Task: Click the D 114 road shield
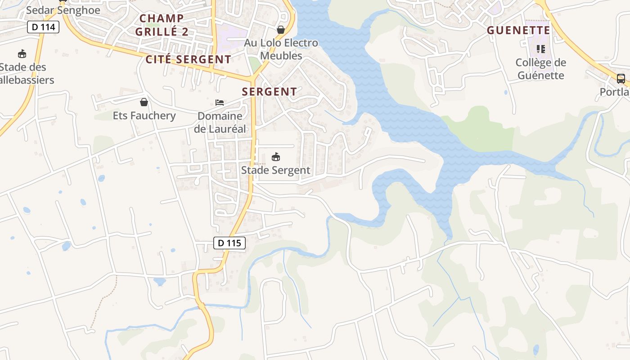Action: coord(43,27)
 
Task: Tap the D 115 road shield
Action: coord(229,243)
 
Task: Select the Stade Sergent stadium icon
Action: coord(276,157)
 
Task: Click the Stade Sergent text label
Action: coord(276,170)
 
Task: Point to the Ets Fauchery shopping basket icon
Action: coord(144,102)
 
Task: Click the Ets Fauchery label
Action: coord(144,116)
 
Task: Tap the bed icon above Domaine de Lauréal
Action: coord(220,103)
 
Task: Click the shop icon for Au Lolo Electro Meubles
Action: coord(281,30)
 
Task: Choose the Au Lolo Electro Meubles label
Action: coord(281,49)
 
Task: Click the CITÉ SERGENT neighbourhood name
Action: coord(188,59)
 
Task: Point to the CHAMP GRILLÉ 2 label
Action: coord(162,25)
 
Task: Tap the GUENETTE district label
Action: coord(519,30)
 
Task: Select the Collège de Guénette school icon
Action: coord(540,49)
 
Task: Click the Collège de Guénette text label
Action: coord(540,69)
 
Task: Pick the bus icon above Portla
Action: coord(621,79)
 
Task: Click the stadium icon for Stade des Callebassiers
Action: coord(22,54)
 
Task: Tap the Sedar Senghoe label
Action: coord(63,10)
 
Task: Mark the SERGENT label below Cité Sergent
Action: coord(270,92)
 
